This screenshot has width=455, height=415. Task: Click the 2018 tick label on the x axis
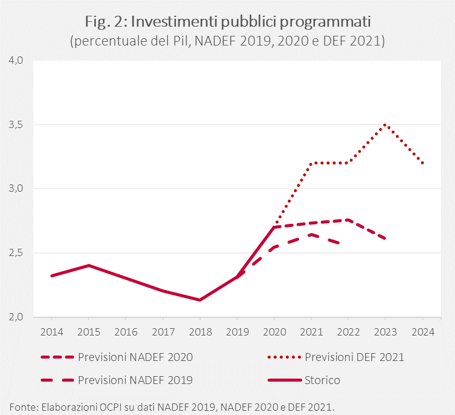click(x=200, y=332)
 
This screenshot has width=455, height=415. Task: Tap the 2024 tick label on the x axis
click(x=422, y=332)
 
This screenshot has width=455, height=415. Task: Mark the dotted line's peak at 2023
click(x=385, y=124)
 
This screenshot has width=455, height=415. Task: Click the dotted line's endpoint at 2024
click(x=422, y=163)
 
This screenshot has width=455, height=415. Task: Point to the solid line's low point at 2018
click(x=200, y=300)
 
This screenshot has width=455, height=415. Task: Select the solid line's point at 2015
click(x=89, y=265)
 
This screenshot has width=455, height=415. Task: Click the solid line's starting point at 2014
click(x=52, y=275)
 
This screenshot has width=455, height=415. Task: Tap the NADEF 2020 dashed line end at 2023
click(x=385, y=238)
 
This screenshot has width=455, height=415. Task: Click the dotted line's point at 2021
click(x=311, y=163)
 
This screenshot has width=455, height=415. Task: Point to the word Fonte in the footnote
click(x=23, y=405)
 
